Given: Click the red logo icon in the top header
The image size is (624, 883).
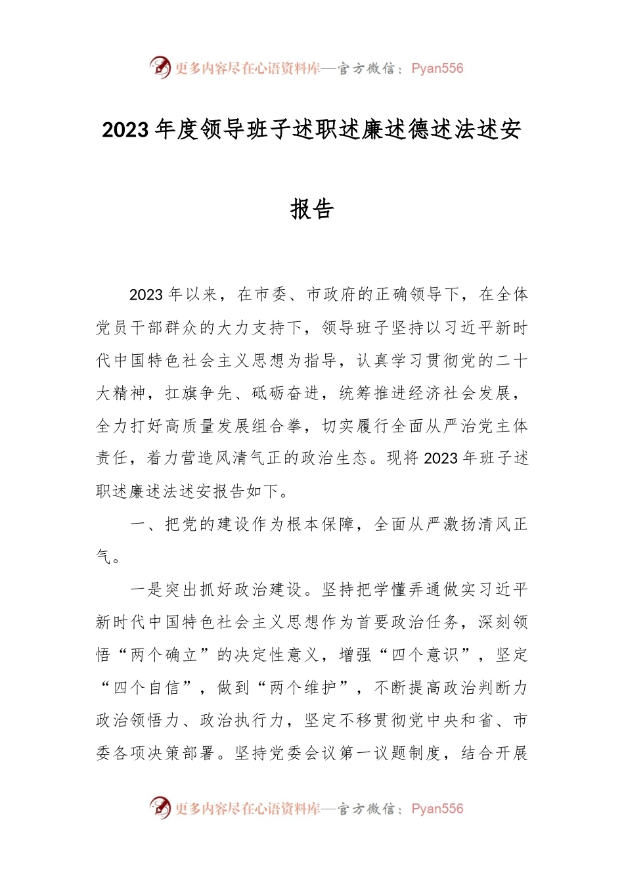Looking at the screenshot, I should point(160,67).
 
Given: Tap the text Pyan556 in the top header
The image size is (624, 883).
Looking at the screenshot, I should point(437,68).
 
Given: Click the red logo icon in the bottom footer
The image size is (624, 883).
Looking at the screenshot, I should point(160,807).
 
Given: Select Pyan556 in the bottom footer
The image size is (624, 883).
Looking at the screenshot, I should point(437,809).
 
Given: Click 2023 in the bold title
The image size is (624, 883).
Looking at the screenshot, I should point(125,130).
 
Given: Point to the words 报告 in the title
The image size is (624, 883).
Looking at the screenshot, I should point(312,209).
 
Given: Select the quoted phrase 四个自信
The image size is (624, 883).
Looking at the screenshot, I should point(146,688).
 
